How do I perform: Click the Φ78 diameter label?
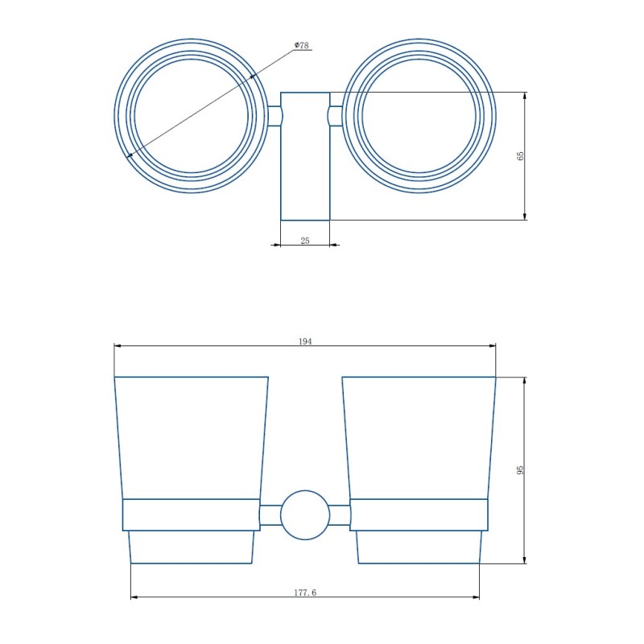(x=301, y=45)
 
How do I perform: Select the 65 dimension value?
(x=520, y=155)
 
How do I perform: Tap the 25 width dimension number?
(x=305, y=241)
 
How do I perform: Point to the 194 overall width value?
(x=305, y=341)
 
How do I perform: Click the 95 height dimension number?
(x=520, y=470)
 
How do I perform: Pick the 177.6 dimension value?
(x=305, y=592)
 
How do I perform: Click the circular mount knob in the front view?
(x=305, y=515)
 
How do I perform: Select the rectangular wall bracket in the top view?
(x=305, y=156)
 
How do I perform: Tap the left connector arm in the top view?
(x=275, y=116)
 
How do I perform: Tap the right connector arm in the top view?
(x=335, y=116)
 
